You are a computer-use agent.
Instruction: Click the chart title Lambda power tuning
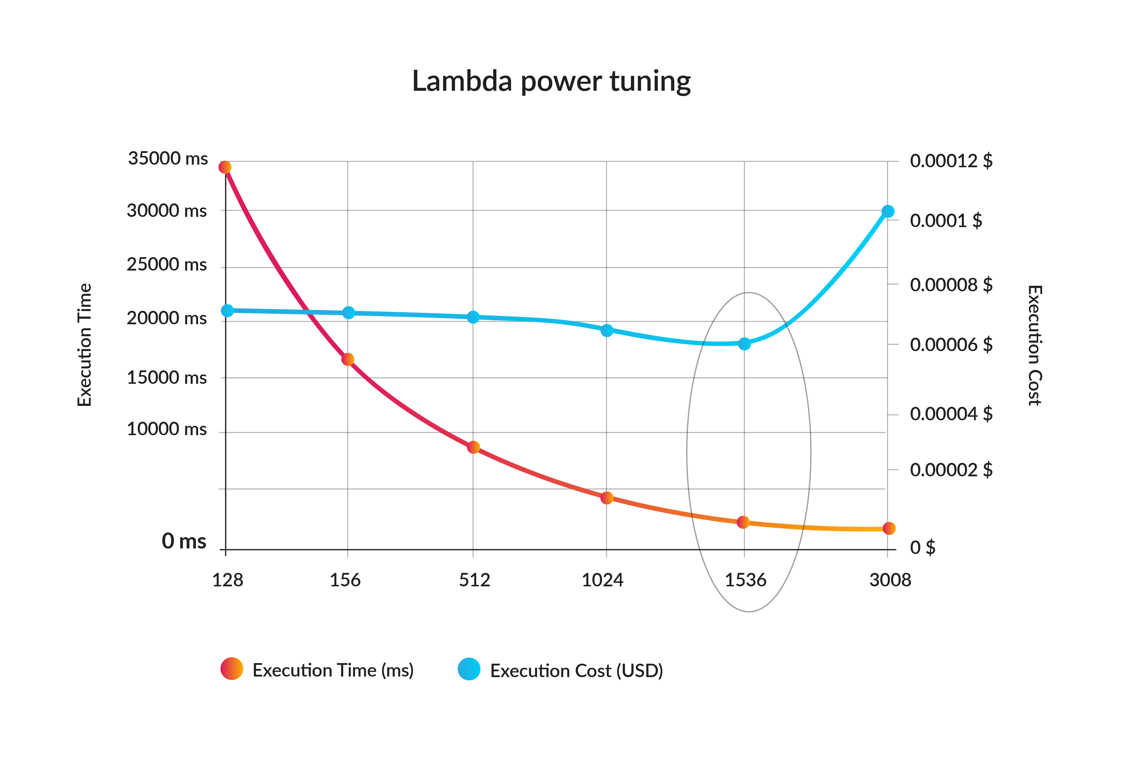point(551,81)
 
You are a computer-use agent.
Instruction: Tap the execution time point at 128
point(225,167)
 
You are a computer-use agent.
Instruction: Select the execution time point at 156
point(348,359)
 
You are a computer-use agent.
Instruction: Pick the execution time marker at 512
point(474,447)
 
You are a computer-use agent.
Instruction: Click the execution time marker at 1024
point(607,498)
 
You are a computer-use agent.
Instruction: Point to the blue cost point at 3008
point(888,212)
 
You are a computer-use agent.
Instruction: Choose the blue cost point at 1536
point(745,344)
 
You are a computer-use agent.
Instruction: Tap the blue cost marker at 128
point(227,311)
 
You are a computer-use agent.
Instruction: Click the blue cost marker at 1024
point(607,330)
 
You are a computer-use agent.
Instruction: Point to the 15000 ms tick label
point(167,378)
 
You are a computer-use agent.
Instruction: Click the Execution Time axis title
point(85,345)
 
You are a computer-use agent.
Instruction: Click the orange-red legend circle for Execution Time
point(232,669)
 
